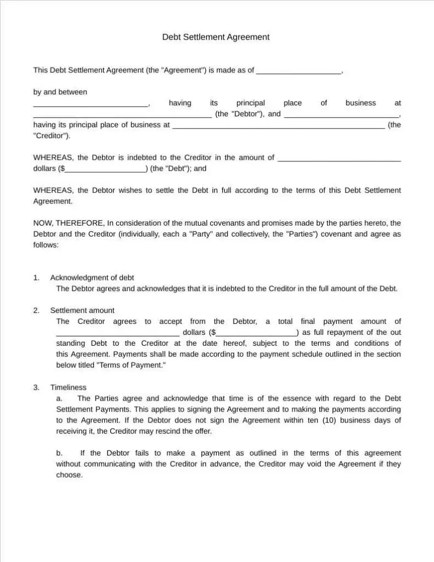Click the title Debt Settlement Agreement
click(216, 37)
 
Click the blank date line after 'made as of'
click(298, 71)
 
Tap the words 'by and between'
click(60, 92)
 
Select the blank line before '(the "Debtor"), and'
click(122, 115)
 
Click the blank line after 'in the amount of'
click(340, 159)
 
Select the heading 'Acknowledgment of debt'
click(92, 278)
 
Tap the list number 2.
click(36, 311)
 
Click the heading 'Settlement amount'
click(82, 311)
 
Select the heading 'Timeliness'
click(68, 387)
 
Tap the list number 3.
click(36, 387)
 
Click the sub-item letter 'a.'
click(59, 398)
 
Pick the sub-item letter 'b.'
click(59, 453)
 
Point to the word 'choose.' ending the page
click(69, 475)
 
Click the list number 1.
click(36, 278)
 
